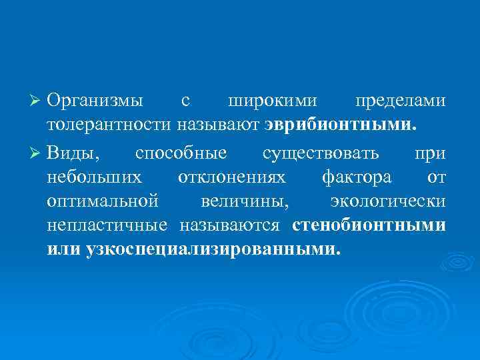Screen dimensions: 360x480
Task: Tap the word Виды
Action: click(74, 153)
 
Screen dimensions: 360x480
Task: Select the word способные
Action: click(181, 153)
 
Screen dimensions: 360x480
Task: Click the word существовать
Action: click(321, 153)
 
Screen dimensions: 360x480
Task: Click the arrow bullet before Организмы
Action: click(38, 101)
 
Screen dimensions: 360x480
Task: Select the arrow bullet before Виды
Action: click(38, 153)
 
